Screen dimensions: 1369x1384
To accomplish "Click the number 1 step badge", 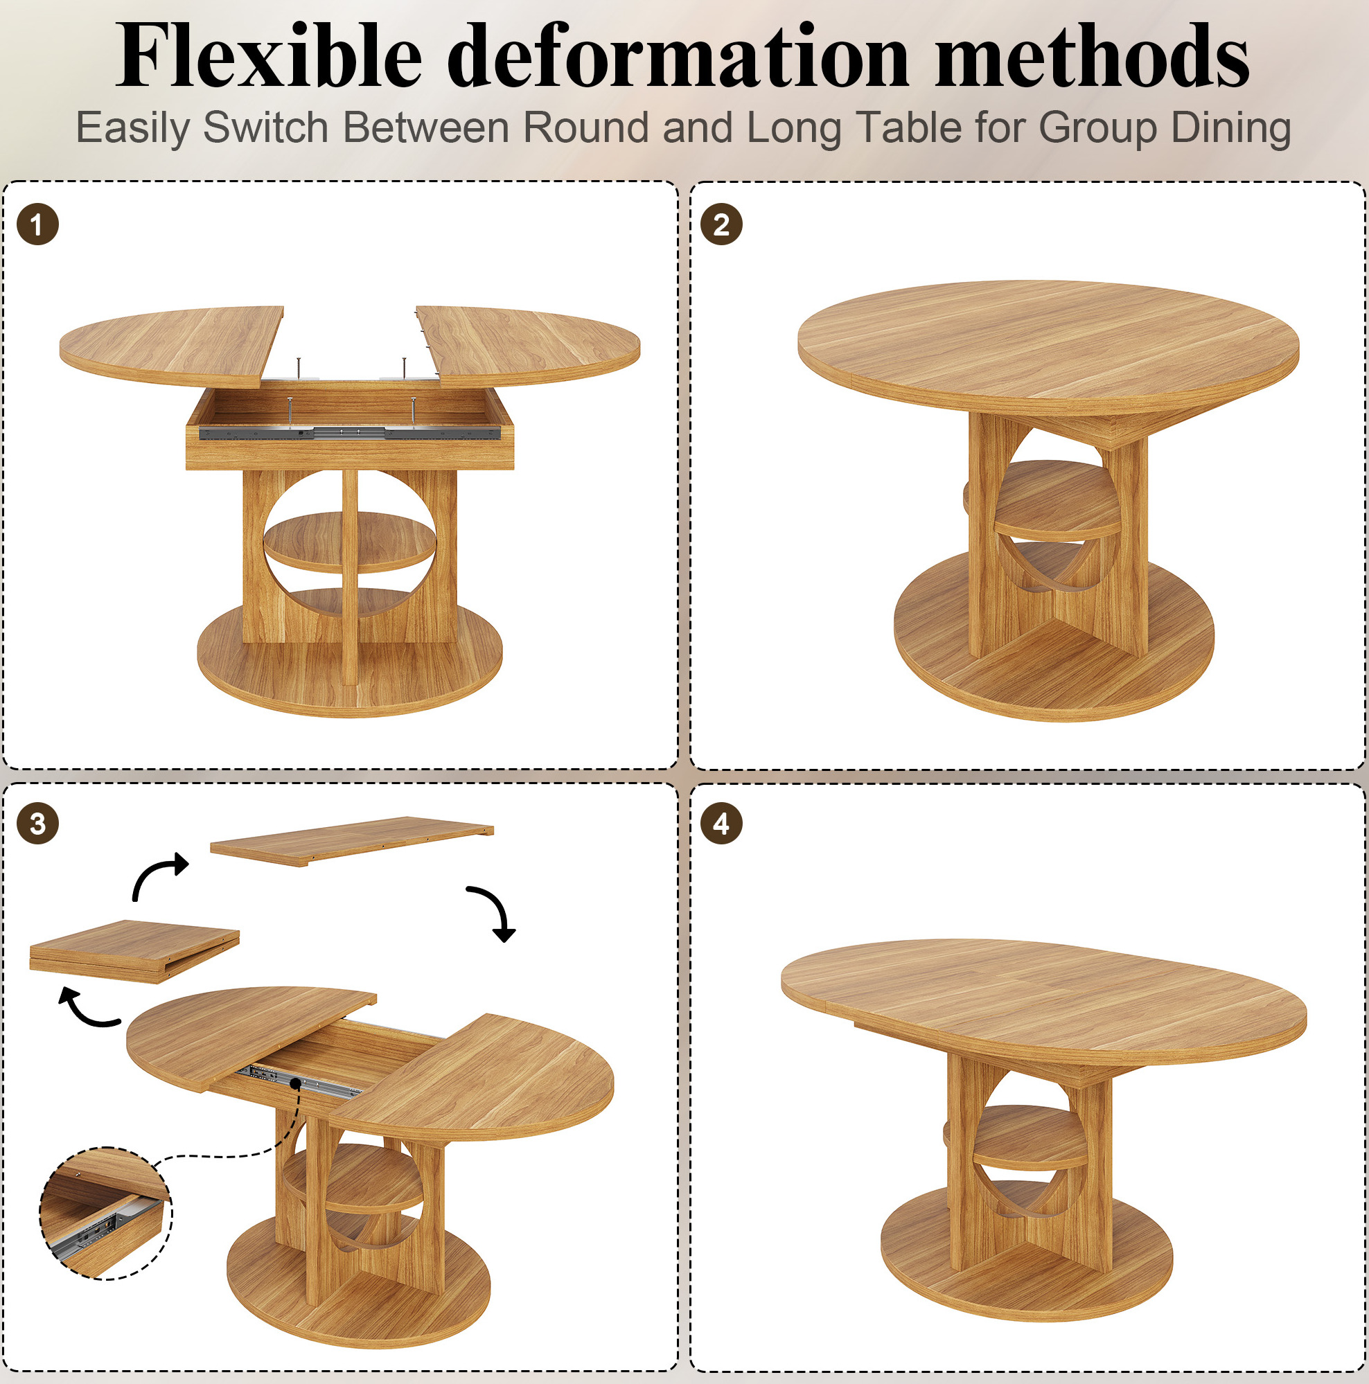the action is [x=37, y=224].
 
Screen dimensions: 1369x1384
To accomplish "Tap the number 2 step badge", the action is [x=721, y=224].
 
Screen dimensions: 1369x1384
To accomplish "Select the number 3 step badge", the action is [x=37, y=824].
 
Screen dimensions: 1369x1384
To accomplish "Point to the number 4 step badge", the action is [x=721, y=824].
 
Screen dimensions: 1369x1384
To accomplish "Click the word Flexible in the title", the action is [x=270, y=55].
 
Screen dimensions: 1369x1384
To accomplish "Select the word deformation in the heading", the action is [x=678, y=55].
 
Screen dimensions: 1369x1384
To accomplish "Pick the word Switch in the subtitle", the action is [x=266, y=127].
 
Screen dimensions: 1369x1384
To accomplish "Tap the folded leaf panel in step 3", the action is [x=134, y=951].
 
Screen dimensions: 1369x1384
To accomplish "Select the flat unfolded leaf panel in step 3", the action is [x=352, y=841].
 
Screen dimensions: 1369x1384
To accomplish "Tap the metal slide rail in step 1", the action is [x=349, y=432].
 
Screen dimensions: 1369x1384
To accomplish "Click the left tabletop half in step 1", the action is [x=172, y=348].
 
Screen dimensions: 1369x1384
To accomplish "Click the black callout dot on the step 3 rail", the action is [x=295, y=1083].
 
